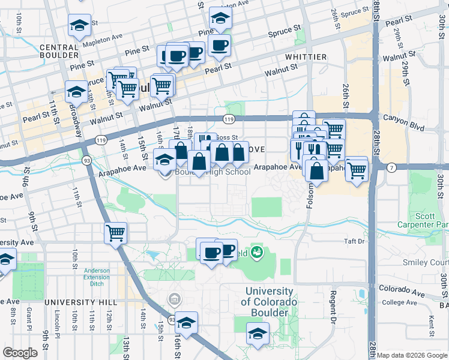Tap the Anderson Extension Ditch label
point(96,275)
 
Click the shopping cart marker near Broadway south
point(115,233)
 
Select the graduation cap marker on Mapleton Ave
point(79,25)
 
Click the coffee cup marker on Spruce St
point(220,44)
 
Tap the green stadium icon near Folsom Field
point(258,253)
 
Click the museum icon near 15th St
point(175,298)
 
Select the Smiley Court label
point(432,262)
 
